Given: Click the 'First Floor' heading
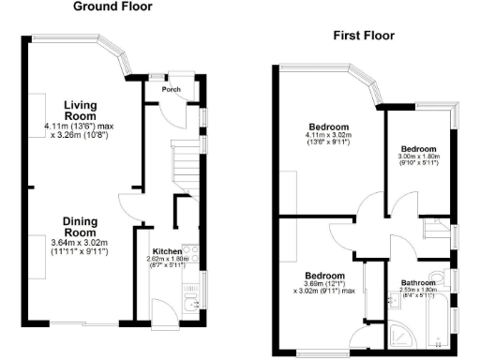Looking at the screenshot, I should (364, 36).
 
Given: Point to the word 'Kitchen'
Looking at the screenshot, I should (167, 253).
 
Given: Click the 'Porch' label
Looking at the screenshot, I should (171, 90).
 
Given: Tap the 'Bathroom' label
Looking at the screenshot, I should (418, 283).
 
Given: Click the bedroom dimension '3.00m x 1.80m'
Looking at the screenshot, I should (418, 157).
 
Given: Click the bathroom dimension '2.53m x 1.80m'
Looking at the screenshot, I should (418, 291).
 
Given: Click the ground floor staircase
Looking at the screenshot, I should (187, 160).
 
